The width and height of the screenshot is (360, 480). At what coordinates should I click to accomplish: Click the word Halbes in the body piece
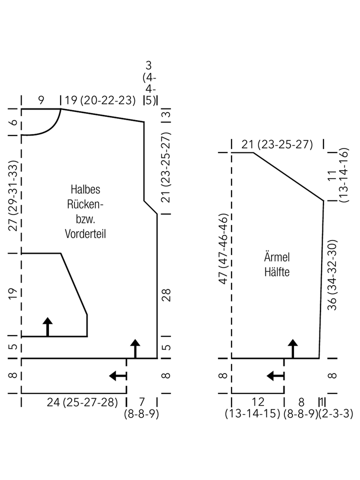(85, 189)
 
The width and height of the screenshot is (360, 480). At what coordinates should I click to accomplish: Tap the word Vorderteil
(85, 234)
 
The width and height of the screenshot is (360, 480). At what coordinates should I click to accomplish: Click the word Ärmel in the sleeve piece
(276, 256)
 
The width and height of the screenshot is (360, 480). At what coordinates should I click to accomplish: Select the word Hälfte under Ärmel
(276, 272)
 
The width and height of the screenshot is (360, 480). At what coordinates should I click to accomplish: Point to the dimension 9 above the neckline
(41, 100)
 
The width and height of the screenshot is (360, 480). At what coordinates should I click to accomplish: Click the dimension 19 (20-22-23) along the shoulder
(100, 100)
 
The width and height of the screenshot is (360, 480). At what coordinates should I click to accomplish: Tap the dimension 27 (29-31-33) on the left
(13, 195)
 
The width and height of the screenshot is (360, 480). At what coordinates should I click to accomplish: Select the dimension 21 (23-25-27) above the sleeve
(277, 144)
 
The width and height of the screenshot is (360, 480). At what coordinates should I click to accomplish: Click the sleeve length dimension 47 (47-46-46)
(223, 249)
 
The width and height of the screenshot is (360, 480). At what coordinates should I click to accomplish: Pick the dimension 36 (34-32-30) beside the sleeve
(332, 275)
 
